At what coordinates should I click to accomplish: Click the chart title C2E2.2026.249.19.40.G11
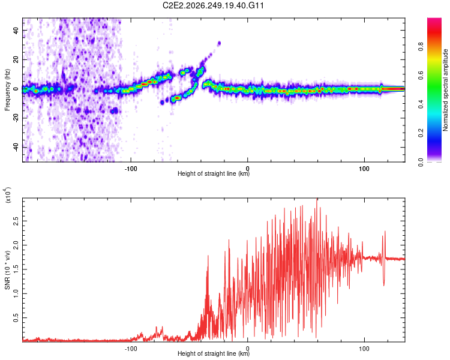tap(213, 5)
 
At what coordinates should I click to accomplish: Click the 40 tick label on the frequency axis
tap(16, 30)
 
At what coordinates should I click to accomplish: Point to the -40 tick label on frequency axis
tap(16, 147)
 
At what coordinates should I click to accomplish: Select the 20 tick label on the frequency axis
tap(16, 59)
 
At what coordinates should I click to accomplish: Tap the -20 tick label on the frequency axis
tap(16, 118)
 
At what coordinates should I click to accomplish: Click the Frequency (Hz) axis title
tap(7, 89)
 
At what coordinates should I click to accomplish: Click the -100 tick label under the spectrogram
tap(131, 169)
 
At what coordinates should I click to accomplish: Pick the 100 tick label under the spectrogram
tap(364, 169)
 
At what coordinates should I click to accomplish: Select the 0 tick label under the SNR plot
tap(248, 349)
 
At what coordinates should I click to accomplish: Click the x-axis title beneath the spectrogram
tap(214, 173)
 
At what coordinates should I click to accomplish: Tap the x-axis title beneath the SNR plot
tap(214, 353)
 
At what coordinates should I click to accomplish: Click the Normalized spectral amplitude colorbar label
tap(445, 90)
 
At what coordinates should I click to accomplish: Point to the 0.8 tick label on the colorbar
tap(421, 46)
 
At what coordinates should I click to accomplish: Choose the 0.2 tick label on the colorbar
tap(421, 133)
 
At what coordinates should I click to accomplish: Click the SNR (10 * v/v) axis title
tap(7, 270)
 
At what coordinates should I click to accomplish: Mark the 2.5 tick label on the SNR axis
tap(16, 221)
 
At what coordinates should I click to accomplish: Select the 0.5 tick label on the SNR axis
tap(16, 318)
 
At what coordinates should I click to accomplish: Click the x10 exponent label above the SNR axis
tap(8, 195)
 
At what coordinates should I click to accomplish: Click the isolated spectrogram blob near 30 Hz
tap(219, 43)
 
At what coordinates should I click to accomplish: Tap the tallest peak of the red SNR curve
tap(317, 199)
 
